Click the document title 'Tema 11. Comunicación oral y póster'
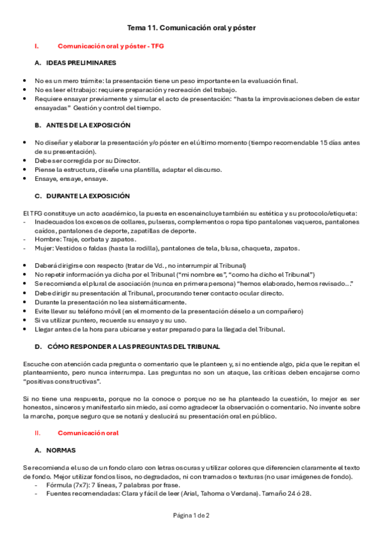pos(191,28)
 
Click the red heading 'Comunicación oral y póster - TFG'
pos(111,47)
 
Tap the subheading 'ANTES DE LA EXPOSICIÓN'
pos(88,125)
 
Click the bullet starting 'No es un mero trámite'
pos(166,81)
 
